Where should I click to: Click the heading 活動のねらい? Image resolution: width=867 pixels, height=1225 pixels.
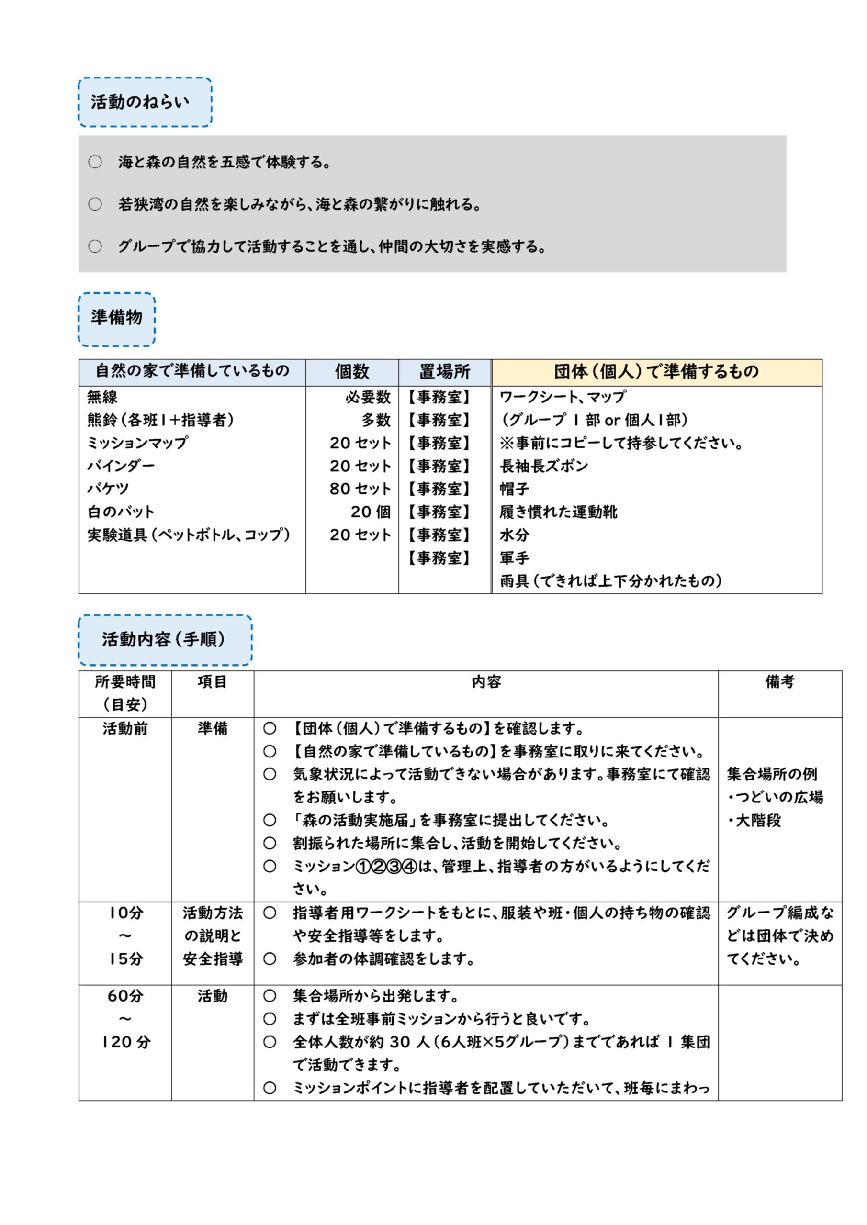click(140, 102)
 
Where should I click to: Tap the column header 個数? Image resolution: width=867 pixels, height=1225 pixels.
click(352, 372)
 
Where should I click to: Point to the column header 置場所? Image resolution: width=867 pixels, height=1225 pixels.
click(444, 372)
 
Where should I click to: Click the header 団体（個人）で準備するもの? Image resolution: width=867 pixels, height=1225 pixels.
click(656, 372)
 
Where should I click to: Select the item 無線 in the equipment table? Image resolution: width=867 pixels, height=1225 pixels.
click(102, 398)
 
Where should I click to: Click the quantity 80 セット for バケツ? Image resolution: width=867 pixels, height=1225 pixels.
click(360, 489)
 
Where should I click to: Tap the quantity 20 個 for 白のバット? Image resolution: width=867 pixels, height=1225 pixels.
click(371, 512)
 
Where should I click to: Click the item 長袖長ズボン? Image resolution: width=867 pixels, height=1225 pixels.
click(543, 466)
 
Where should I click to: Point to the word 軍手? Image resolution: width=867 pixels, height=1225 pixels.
click(514, 558)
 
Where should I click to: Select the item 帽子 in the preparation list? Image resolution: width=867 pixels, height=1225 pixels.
click(514, 489)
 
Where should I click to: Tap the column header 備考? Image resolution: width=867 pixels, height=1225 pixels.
click(779, 682)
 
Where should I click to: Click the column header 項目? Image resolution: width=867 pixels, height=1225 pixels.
click(213, 682)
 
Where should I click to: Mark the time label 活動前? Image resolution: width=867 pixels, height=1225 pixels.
click(125, 729)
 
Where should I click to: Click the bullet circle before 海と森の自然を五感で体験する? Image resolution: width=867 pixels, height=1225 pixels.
click(95, 162)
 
